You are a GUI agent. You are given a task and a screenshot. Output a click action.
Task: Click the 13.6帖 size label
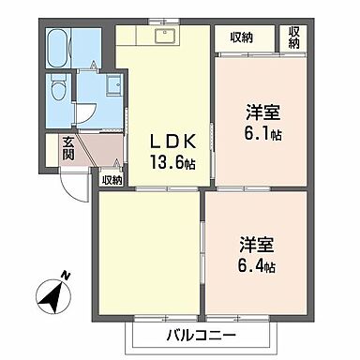pyautogui.click(x=175, y=162)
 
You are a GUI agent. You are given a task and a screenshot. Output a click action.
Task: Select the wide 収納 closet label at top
pyautogui.click(x=241, y=37)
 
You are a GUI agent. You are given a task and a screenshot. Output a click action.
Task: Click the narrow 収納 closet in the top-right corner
pyautogui.click(x=294, y=37)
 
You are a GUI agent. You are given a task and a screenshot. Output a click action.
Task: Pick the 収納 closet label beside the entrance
pyautogui.click(x=112, y=180)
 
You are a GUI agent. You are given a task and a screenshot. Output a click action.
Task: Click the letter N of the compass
pyautogui.click(x=64, y=277)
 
